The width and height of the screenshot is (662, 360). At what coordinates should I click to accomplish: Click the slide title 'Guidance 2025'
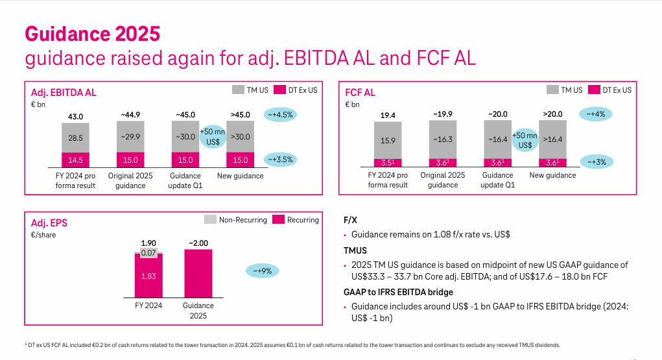point(92,33)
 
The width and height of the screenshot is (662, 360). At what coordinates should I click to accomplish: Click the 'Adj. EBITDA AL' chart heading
point(64,93)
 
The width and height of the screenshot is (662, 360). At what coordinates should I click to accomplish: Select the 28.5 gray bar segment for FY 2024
point(76,138)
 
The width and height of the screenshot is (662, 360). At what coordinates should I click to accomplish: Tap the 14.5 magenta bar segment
point(76,160)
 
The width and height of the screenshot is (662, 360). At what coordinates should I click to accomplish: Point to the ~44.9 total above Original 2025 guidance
point(130,115)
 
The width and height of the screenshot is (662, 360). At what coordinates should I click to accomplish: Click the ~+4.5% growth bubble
point(281,115)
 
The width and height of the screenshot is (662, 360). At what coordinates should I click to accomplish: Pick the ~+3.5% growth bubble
point(281,159)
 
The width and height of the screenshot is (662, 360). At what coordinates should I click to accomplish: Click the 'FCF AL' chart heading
point(360,93)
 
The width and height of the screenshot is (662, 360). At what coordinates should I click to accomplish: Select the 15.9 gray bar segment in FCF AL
point(388,140)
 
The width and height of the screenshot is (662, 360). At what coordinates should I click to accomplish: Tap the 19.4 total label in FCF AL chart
point(388,115)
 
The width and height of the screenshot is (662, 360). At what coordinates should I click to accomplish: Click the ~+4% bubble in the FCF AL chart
point(595,114)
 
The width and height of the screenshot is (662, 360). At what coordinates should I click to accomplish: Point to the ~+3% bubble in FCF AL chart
point(595,162)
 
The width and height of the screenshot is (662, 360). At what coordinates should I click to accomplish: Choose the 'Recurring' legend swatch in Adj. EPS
point(278,220)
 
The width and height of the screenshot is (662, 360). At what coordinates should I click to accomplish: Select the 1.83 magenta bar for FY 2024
point(148,276)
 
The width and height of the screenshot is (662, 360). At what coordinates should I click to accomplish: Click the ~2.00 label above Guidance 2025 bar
point(198,243)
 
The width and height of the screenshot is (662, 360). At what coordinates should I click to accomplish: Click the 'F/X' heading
point(350,220)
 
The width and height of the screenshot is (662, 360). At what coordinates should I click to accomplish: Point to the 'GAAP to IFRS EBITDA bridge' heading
point(398,292)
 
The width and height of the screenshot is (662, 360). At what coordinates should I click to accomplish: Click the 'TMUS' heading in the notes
point(355,250)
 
